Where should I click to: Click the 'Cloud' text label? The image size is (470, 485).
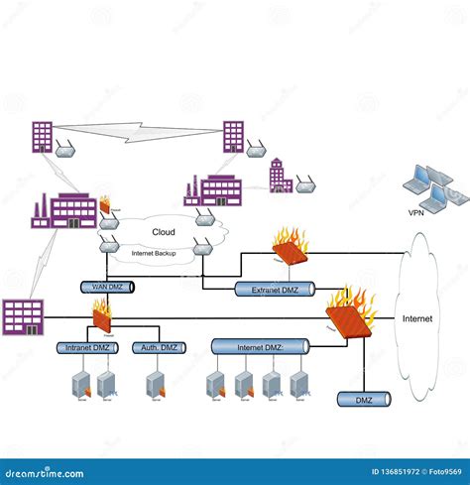pyautogui.click(x=164, y=232)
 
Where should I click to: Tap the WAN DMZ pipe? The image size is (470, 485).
pyautogui.click(x=107, y=287)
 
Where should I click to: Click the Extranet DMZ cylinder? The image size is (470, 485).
pyautogui.click(x=275, y=290)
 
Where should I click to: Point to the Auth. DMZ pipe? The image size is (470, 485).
pyautogui.click(x=160, y=348)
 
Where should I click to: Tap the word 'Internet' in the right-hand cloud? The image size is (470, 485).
pyautogui.click(x=417, y=319)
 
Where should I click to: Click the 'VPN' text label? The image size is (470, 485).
pyautogui.click(x=415, y=212)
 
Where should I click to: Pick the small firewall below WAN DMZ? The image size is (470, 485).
pyautogui.click(x=103, y=316)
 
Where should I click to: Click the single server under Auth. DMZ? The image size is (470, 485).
pyautogui.click(x=154, y=385)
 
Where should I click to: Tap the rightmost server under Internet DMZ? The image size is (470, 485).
pyautogui.click(x=298, y=385)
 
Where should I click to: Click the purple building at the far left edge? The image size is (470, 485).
pyautogui.click(x=23, y=316)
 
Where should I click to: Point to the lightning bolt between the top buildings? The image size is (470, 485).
pyautogui.click(x=139, y=129)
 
